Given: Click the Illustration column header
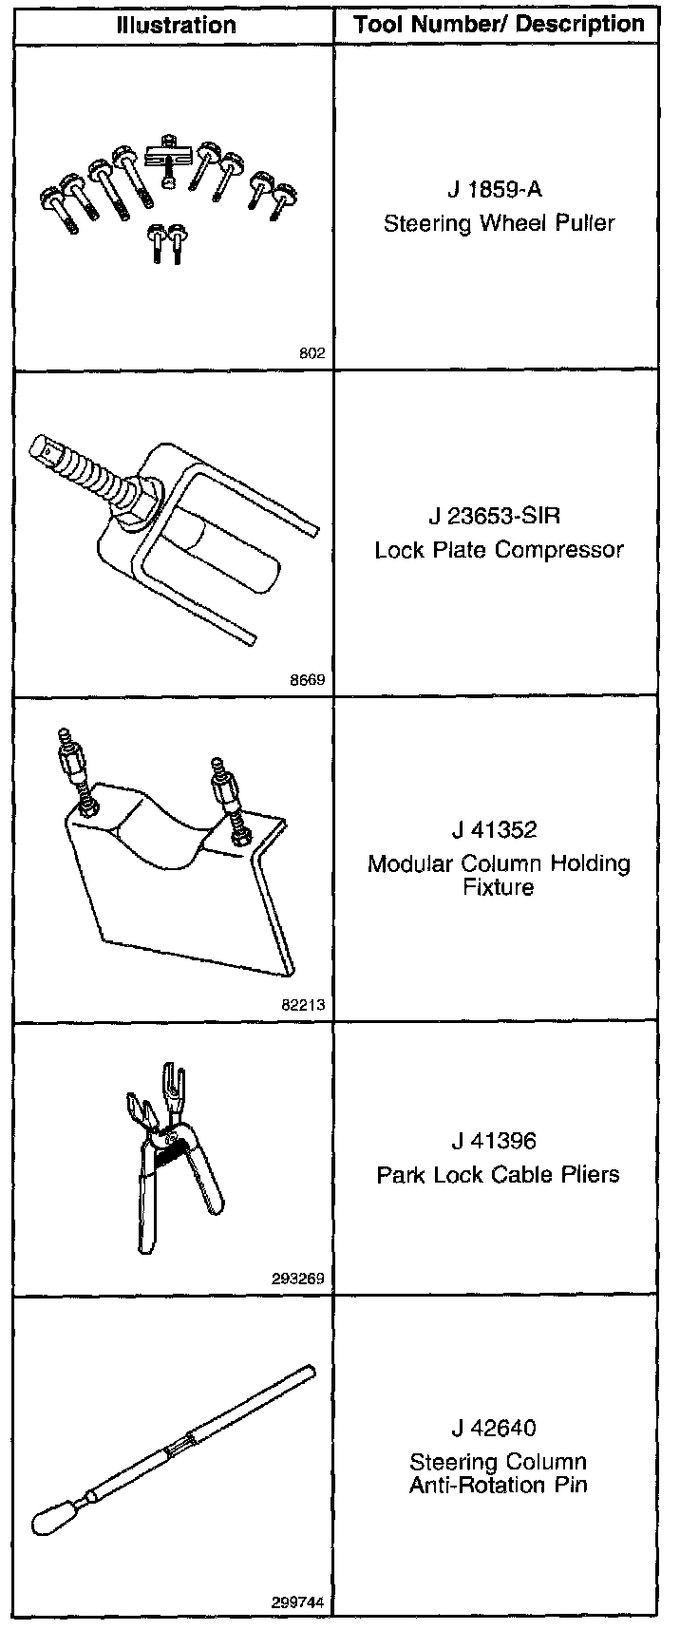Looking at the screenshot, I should tap(176, 26).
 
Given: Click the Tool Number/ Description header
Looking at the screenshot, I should tap(499, 25).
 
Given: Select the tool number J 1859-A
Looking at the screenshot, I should tap(498, 189).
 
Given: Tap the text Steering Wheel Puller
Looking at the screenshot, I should tap(499, 223).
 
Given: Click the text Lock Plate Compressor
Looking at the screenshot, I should tap(499, 550).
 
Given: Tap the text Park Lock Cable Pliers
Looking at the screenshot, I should tap(498, 1174).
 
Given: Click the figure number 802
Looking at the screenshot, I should tap(312, 353).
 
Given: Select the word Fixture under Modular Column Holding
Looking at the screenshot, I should tap(498, 887).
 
